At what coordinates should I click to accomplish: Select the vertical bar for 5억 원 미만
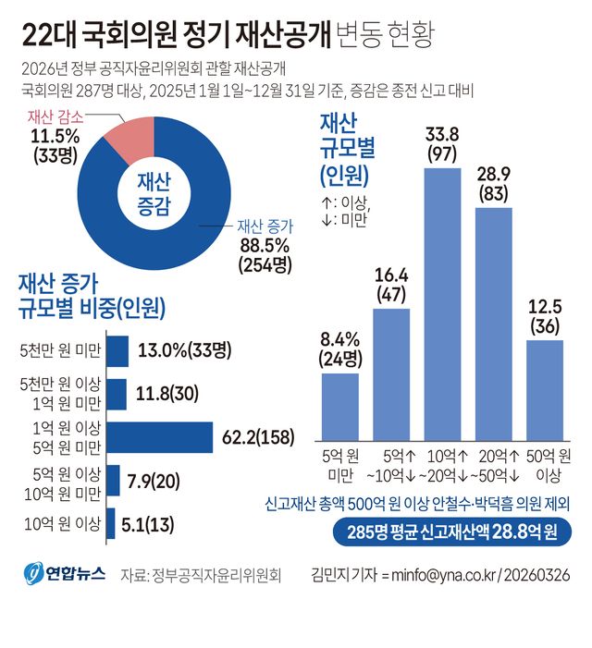(339, 406)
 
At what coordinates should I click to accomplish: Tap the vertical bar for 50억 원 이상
(545, 389)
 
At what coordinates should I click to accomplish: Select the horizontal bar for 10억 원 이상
(111, 524)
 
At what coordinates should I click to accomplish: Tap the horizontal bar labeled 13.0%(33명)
(117, 351)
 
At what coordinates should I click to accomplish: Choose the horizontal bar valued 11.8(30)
(117, 394)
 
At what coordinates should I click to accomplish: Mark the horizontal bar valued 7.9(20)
(114, 481)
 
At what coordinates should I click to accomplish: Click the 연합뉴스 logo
(63, 573)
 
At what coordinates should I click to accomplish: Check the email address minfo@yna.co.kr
(431, 574)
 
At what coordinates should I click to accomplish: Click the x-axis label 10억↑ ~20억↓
(447, 467)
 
